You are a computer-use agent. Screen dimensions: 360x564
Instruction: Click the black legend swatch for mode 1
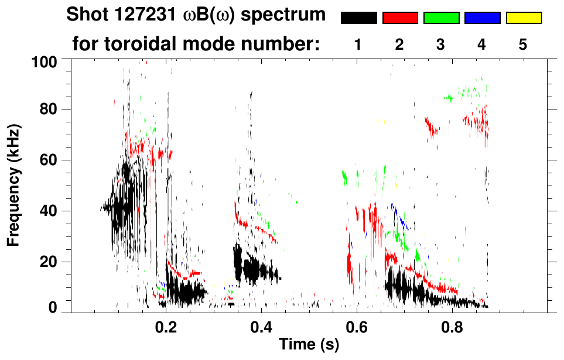pyautogui.click(x=358, y=18)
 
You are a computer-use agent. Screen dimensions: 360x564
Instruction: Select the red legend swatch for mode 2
pyautogui.click(x=400, y=18)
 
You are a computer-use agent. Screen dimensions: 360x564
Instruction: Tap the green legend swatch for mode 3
pyautogui.click(x=441, y=18)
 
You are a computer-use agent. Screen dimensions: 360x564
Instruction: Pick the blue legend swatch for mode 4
pyautogui.click(x=482, y=18)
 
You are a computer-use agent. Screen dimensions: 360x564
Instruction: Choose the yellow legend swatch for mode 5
pyautogui.click(x=524, y=18)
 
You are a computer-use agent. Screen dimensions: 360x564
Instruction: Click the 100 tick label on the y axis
pyautogui.click(x=45, y=61)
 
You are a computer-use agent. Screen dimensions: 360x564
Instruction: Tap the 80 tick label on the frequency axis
pyautogui.click(x=49, y=109)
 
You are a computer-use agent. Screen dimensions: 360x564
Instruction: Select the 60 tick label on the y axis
pyautogui.click(x=49, y=160)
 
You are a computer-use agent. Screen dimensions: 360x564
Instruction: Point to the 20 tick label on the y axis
pyautogui.click(x=49, y=262)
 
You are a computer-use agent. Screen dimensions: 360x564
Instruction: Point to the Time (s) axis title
pyautogui.click(x=308, y=345)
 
